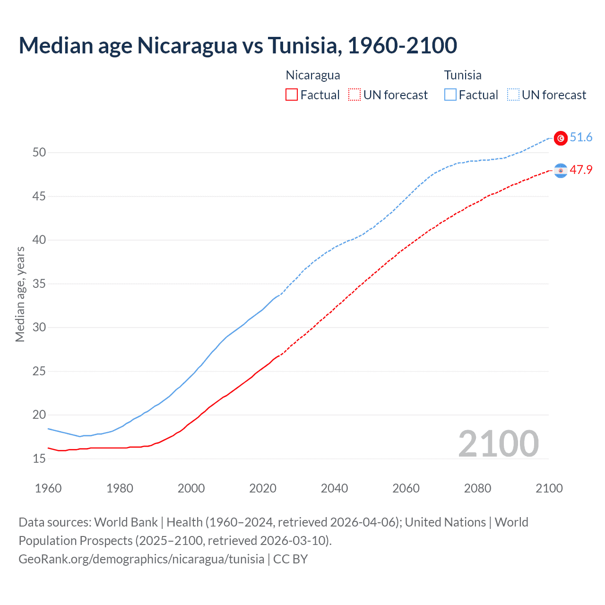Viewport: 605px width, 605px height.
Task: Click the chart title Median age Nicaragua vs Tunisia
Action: pyautogui.click(x=238, y=45)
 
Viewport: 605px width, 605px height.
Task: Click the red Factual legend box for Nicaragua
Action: pyautogui.click(x=292, y=95)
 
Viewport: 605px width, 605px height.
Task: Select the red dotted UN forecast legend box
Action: pyautogui.click(x=354, y=95)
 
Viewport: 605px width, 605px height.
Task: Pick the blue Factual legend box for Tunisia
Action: pyautogui.click(x=450, y=95)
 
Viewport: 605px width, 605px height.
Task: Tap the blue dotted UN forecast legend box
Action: pyautogui.click(x=513, y=95)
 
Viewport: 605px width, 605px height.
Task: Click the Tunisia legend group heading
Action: pyautogui.click(x=463, y=75)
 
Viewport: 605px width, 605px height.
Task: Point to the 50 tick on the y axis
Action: pyautogui.click(x=39, y=152)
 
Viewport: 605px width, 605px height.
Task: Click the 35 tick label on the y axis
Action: pyautogui.click(x=39, y=284)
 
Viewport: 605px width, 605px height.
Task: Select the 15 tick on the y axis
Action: pyautogui.click(x=39, y=458)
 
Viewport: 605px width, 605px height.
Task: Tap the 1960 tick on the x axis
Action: pyautogui.click(x=48, y=488)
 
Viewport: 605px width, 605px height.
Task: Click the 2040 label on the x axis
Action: pyautogui.click(x=334, y=488)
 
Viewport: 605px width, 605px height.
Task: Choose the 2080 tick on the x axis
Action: pyautogui.click(x=477, y=488)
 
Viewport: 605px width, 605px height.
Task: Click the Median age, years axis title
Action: pyautogui.click(x=20, y=294)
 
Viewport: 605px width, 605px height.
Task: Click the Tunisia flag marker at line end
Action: pyautogui.click(x=561, y=138)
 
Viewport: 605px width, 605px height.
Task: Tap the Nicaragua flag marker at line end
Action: pyautogui.click(x=561, y=171)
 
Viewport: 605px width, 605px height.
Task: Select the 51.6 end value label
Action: pyautogui.click(x=581, y=138)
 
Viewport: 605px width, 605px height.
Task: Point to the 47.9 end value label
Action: pyautogui.click(x=581, y=170)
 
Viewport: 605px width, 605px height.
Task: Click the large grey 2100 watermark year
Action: pyautogui.click(x=498, y=444)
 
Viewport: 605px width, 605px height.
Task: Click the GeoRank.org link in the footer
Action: pyautogui.click(x=141, y=559)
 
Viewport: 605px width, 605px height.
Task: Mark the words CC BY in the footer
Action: pyautogui.click(x=290, y=559)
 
